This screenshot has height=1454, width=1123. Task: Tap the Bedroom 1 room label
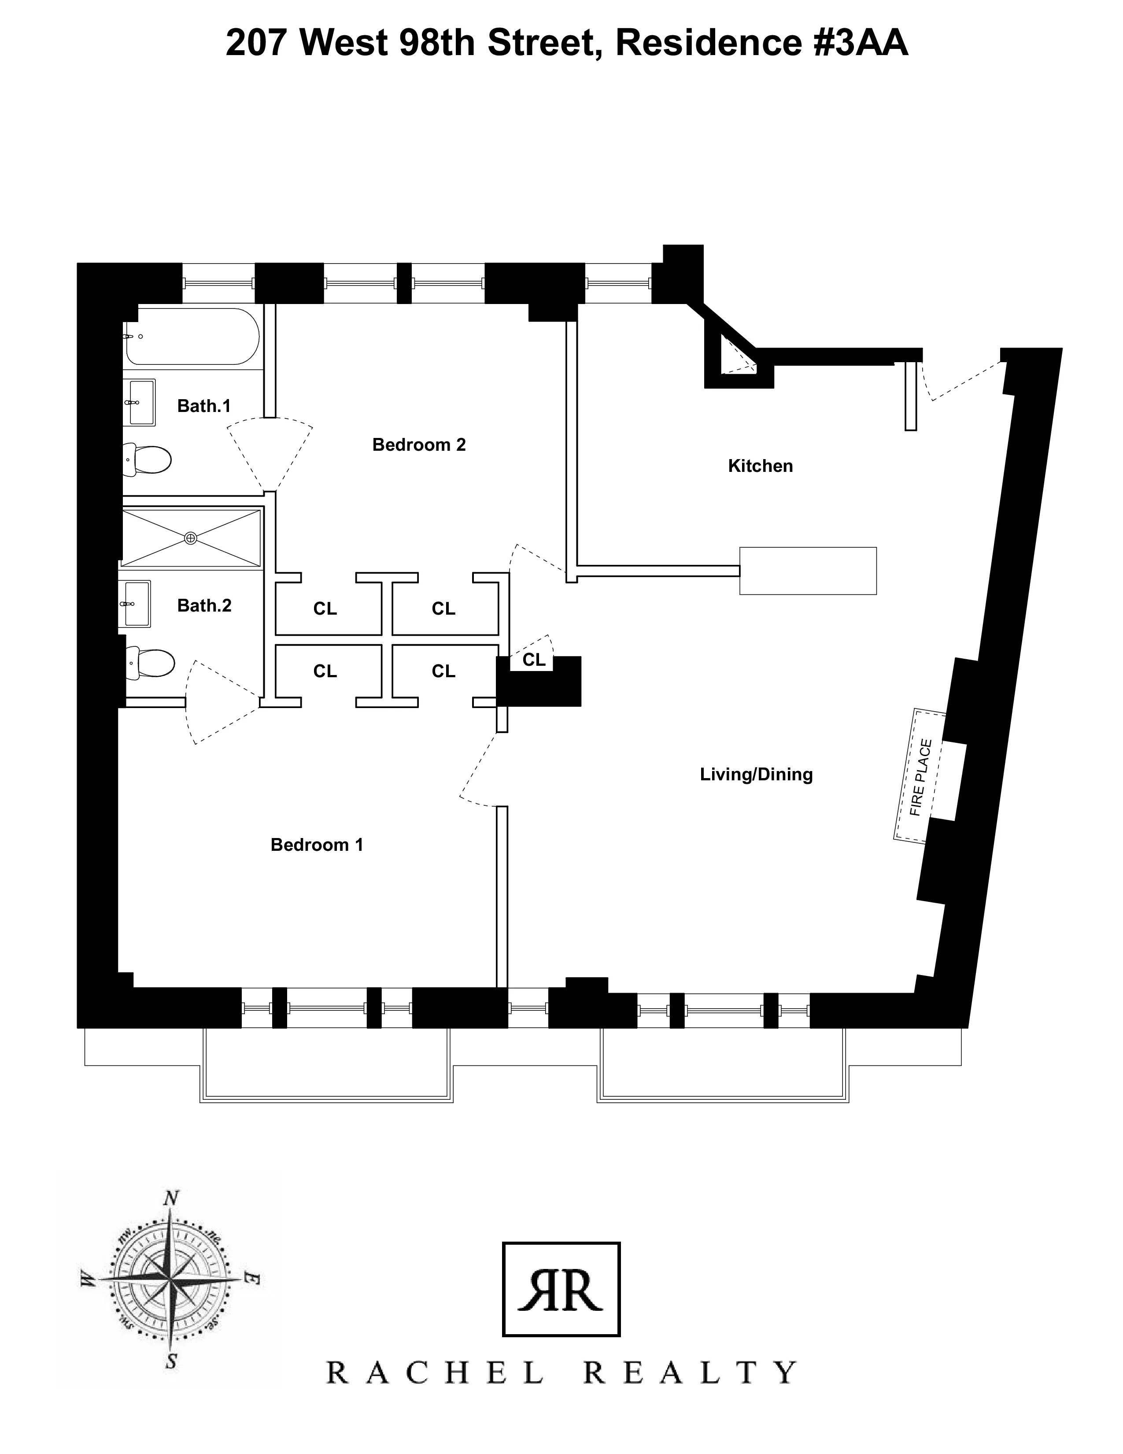coord(317,845)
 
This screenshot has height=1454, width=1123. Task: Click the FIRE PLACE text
coord(921,778)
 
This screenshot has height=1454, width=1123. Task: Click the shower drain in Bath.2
coord(191,538)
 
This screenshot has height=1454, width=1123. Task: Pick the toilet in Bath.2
coord(151,663)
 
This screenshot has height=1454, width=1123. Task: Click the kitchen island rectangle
coord(808,571)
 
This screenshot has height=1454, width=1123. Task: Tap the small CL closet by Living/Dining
coord(534,660)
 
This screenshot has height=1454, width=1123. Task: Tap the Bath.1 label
coord(203,406)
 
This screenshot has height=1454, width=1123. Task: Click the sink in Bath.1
coord(141,403)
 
